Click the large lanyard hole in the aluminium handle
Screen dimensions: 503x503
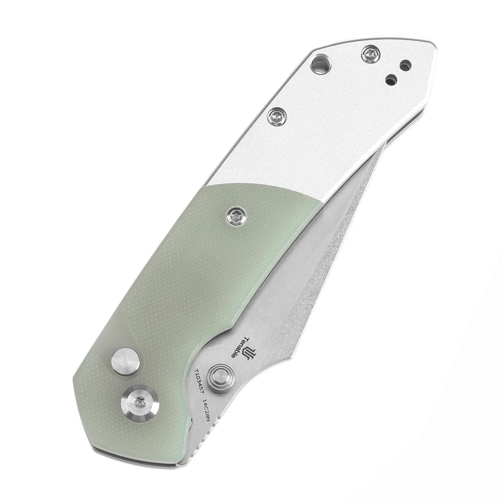(322, 66)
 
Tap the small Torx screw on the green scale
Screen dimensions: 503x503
(233, 215)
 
